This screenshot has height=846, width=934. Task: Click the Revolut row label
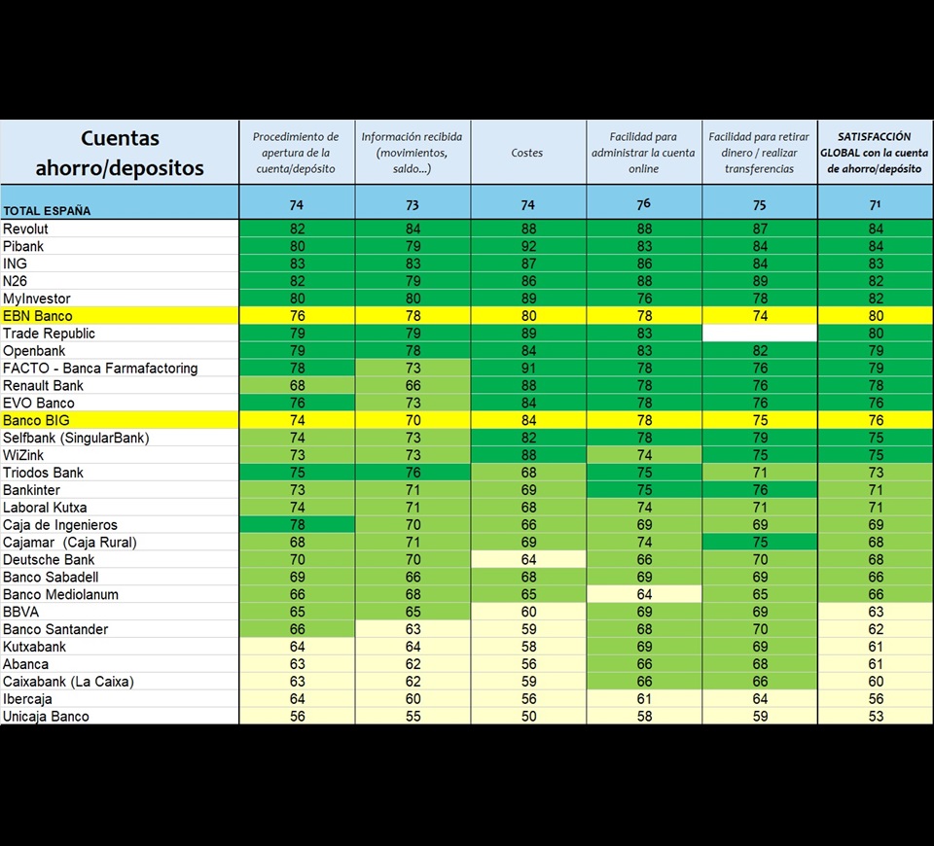click(26, 229)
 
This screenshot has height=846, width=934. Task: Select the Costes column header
click(527, 153)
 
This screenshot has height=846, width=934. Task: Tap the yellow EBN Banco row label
click(38, 316)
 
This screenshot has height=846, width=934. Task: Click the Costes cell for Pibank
click(527, 246)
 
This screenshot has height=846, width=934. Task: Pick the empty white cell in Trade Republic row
click(760, 334)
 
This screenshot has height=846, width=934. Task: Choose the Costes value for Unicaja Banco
click(527, 717)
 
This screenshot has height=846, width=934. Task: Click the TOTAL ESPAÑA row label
click(46, 210)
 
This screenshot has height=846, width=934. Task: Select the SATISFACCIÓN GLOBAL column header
click(873, 153)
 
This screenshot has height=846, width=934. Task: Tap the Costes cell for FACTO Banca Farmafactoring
click(527, 369)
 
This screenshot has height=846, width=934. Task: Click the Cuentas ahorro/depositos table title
click(120, 153)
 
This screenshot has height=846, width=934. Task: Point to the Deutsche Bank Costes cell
click(527, 559)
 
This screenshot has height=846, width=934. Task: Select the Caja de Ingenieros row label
click(60, 525)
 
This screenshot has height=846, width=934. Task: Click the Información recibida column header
click(412, 153)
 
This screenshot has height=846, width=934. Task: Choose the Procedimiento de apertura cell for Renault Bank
click(296, 386)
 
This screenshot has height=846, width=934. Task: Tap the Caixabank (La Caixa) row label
click(68, 682)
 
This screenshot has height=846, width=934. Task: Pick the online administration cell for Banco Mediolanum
click(643, 594)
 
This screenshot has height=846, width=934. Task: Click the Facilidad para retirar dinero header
click(759, 153)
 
